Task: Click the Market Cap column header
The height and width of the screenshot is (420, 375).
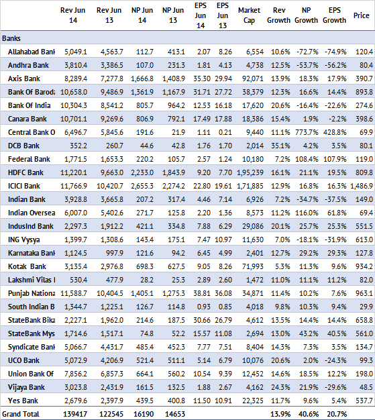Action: [249, 15]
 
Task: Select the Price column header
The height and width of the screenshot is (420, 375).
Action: [361, 15]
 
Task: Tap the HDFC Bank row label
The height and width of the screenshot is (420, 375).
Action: [25, 172]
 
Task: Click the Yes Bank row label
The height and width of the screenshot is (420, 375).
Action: [23, 401]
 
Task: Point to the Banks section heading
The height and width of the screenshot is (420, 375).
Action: [11, 38]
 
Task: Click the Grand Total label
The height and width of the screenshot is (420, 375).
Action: [21, 414]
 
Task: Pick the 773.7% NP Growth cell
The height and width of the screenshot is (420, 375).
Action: [307, 132]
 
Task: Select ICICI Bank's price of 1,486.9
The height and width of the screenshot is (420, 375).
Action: [362, 186]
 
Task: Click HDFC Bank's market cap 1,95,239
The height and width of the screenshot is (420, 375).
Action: [250, 172]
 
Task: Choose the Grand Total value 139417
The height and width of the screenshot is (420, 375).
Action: [75, 414]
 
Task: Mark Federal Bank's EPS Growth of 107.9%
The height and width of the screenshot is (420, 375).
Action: [335, 159]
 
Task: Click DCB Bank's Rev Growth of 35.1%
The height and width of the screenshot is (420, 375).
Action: [280, 146]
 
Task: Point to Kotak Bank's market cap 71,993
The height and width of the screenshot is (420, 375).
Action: [253, 266]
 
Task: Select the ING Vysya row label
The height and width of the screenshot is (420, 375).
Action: [24, 240]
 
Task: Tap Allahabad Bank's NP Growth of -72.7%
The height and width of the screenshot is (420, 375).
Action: [307, 52]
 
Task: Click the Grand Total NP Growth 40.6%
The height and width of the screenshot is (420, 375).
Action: [308, 414]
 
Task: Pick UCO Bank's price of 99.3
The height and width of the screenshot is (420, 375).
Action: [366, 360]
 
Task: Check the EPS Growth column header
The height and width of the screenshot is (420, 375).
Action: [334, 15]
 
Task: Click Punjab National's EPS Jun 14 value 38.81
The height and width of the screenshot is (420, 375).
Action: [202, 293]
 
